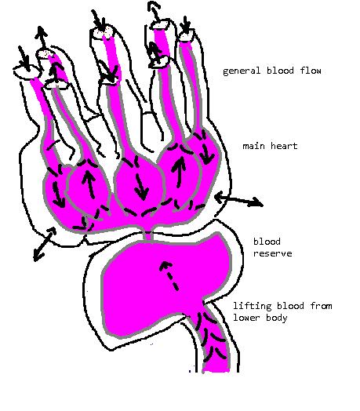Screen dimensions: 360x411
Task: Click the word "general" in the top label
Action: tap(242, 71)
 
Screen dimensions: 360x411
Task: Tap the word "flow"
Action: tap(311, 71)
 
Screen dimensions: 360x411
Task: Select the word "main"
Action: tap(253, 146)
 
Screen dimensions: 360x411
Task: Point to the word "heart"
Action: tap(284, 146)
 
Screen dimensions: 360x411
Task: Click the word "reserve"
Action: tap(272, 253)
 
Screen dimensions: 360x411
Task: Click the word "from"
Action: tap(321, 306)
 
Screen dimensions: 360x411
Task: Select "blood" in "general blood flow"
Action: tap(280, 71)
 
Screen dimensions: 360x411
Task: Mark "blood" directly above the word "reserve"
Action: tap(267, 241)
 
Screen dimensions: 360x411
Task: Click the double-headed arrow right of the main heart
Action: tap(238, 200)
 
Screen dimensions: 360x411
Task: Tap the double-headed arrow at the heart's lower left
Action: tap(45, 244)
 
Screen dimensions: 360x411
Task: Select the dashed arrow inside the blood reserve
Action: tap(169, 276)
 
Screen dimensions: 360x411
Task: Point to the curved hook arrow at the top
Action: tap(155, 12)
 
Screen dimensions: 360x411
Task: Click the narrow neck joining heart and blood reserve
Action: tap(148, 235)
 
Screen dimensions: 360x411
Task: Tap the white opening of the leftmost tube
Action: tap(26, 71)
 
